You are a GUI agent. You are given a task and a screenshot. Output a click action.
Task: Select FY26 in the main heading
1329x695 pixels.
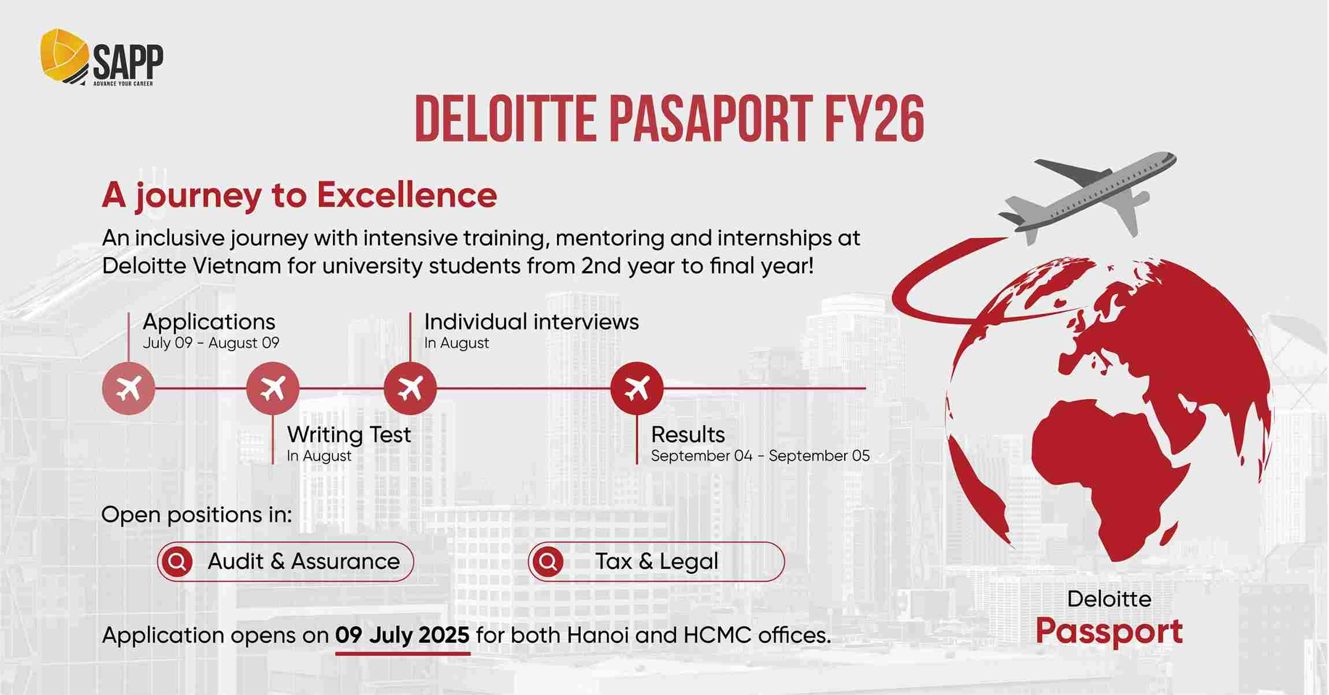click(874, 120)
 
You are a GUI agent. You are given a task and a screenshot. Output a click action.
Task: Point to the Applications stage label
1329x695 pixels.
click(209, 322)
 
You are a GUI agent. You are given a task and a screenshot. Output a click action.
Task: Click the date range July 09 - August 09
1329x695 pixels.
click(211, 343)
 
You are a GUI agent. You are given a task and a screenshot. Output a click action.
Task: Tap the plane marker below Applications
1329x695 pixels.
click(128, 388)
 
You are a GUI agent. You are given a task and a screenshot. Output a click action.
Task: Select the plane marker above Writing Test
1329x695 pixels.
click(273, 388)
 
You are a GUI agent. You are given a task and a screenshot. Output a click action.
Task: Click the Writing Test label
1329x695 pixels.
click(349, 434)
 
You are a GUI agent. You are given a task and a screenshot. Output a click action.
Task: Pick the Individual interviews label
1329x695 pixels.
click(531, 322)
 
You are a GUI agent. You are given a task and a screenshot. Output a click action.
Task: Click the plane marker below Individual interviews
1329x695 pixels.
click(410, 388)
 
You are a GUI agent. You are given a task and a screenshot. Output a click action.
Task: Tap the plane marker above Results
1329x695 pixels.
click(637, 388)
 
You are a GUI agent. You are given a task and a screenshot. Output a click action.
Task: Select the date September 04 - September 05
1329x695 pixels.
click(760, 456)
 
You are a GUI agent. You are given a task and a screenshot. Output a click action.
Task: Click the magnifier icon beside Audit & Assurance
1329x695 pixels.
click(177, 561)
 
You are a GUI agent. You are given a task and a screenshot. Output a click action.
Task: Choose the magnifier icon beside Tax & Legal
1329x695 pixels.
click(548, 561)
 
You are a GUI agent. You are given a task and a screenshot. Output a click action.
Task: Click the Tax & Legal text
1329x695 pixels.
click(656, 561)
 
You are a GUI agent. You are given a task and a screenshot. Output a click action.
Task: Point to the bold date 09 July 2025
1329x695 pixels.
click(402, 635)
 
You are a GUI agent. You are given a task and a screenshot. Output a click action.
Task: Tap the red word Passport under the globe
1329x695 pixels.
click(1108, 631)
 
